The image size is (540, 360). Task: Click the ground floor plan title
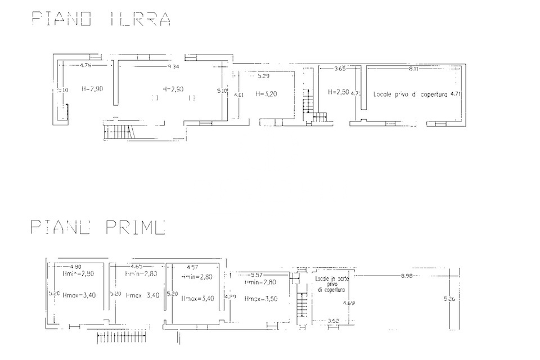coord(101,19)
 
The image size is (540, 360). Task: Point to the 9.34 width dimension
coord(173,67)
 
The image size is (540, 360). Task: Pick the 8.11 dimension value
coord(413,69)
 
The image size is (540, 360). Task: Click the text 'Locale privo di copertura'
coord(410,95)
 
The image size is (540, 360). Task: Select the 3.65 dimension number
coord(339,69)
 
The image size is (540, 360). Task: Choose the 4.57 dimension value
coord(193,266)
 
